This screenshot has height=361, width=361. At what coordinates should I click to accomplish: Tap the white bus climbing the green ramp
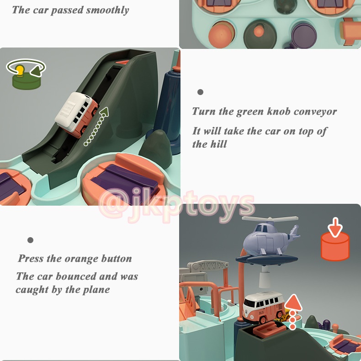[76, 114]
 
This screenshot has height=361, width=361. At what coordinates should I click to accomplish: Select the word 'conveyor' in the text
[315, 111]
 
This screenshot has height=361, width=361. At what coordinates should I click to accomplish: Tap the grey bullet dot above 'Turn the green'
[200, 92]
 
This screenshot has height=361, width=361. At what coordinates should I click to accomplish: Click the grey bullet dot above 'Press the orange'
[30, 240]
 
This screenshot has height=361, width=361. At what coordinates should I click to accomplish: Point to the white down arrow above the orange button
[335, 227]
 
